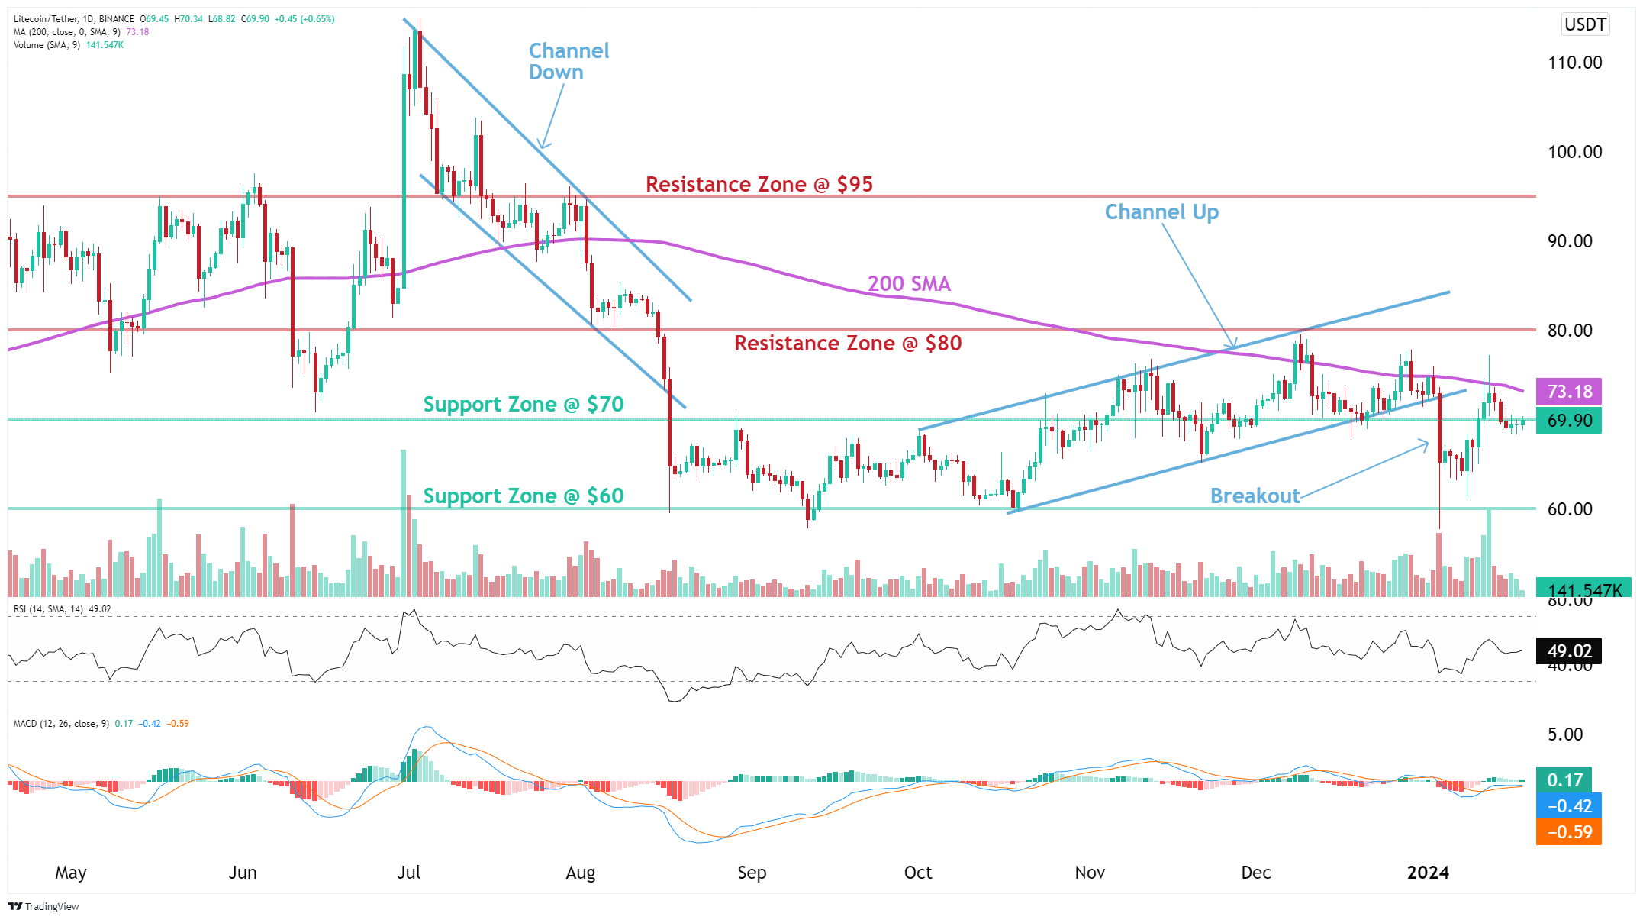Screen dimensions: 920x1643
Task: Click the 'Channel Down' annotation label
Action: pyautogui.click(x=569, y=61)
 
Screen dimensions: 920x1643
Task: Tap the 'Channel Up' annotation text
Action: pyautogui.click(x=1161, y=212)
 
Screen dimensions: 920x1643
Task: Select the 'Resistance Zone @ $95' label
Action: pyautogui.click(x=759, y=184)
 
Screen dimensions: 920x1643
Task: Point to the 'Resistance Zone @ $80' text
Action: pyautogui.click(x=847, y=344)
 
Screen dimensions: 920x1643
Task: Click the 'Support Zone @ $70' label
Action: pyautogui.click(x=523, y=404)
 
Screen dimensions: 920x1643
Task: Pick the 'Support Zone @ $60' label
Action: pyautogui.click(x=523, y=496)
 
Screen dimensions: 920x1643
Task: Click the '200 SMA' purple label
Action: pyautogui.click(x=908, y=284)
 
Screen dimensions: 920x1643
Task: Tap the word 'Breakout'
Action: pyautogui.click(x=1255, y=496)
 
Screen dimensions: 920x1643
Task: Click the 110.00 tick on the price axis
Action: pyautogui.click(x=1574, y=63)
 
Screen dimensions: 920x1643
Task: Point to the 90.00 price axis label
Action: pyautogui.click(x=1569, y=241)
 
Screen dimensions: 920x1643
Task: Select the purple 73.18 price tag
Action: pyautogui.click(x=1568, y=392)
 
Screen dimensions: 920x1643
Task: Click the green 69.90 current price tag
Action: pyautogui.click(x=1568, y=421)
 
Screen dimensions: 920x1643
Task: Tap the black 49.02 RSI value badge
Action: pyautogui.click(x=1568, y=651)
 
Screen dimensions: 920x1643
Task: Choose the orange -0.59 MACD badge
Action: pyautogui.click(x=1568, y=832)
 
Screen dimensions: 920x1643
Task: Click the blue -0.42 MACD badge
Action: pyautogui.click(x=1568, y=806)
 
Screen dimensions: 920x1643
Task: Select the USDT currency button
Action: pyautogui.click(x=1585, y=24)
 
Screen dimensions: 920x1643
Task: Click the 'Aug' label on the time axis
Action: pyautogui.click(x=580, y=873)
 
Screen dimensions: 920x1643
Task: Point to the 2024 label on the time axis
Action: pyautogui.click(x=1427, y=873)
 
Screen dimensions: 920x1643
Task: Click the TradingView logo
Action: pyautogui.click(x=43, y=906)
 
